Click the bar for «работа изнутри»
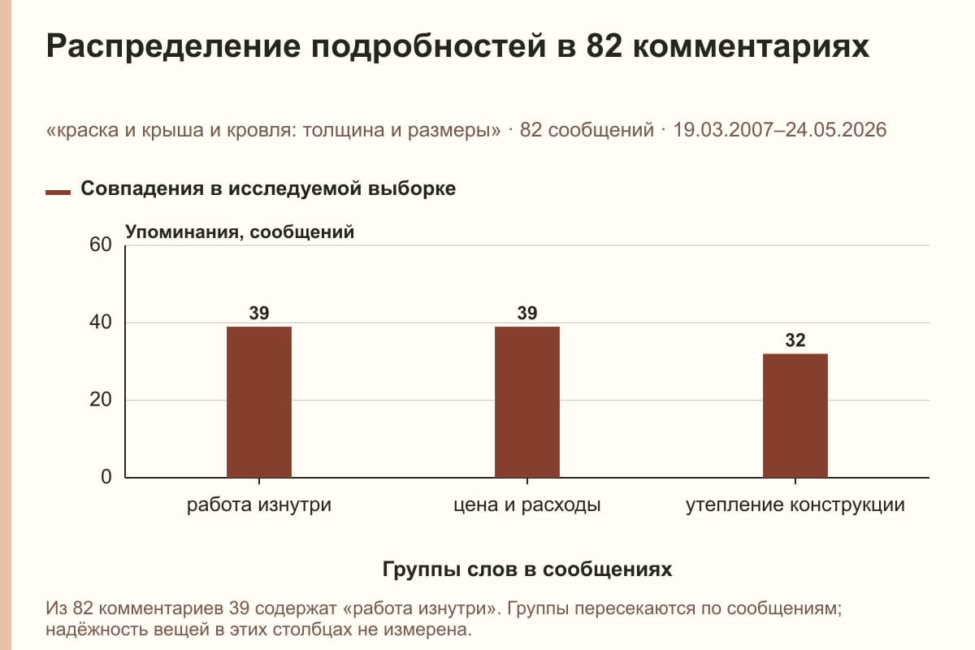point(259,402)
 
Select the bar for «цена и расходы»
point(527,402)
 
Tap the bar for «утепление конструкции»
point(795,415)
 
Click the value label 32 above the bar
point(795,340)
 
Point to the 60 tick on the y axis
point(101,245)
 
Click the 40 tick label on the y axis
point(101,323)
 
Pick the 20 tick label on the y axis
point(101,400)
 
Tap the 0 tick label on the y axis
point(106,477)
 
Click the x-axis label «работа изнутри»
point(259,505)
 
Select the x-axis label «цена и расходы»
point(527,505)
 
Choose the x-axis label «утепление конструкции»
point(795,505)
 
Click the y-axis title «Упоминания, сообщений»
point(240,232)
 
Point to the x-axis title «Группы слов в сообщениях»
point(527,569)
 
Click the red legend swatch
point(58,193)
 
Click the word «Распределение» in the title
point(173,46)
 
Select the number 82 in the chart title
point(604,45)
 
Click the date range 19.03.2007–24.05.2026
point(779,130)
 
